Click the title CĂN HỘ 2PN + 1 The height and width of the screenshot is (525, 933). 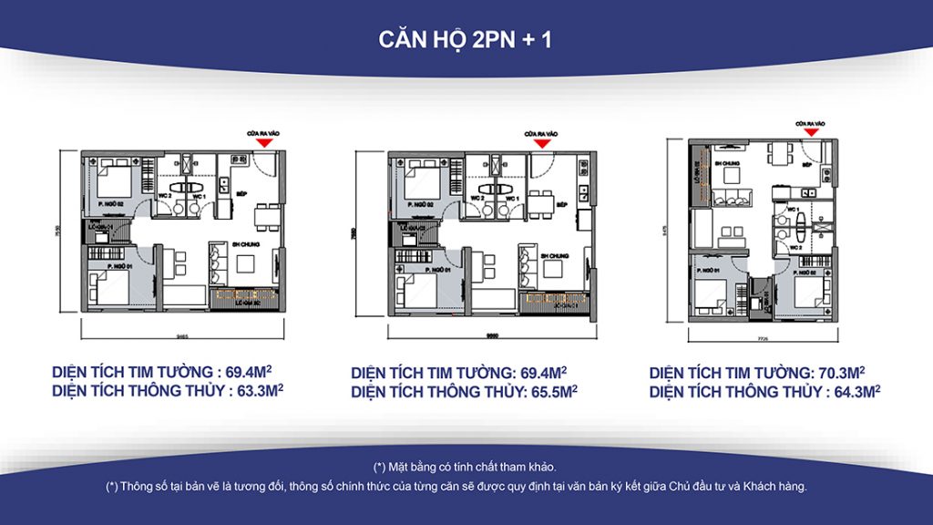coord(466,40)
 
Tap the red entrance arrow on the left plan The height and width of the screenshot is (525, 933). coord(263,143)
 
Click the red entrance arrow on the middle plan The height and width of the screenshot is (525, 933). coord(542,143)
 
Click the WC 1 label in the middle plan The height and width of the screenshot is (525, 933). coord(511,197)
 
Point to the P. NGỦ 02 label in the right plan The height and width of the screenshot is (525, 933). coord(812,270)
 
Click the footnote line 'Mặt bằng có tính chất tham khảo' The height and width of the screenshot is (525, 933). coord(466,467)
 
